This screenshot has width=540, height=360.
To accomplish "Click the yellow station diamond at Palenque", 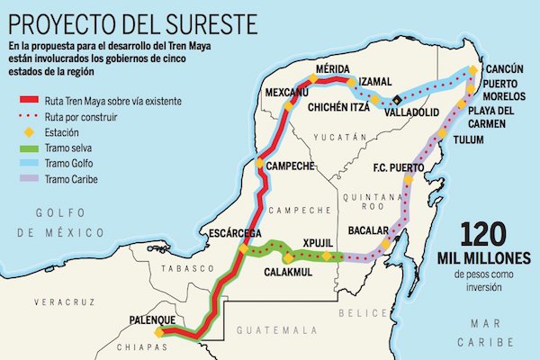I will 159,331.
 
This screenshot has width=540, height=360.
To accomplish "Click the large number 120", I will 486,236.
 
